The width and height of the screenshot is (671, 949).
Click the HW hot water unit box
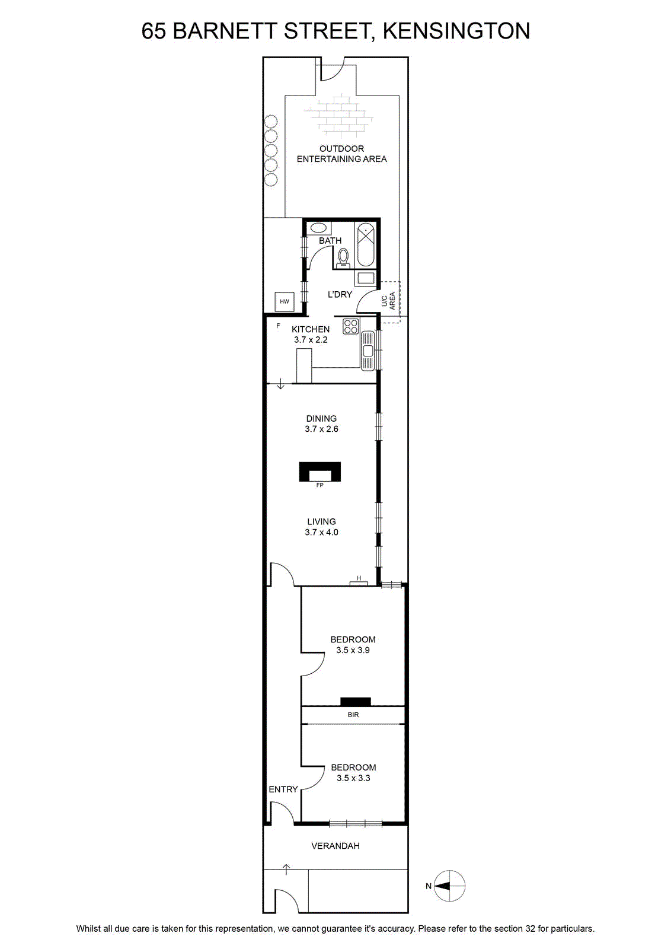pos(284,301)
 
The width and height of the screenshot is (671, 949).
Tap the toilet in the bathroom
pos(343,257)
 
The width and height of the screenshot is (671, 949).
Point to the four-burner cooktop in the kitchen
pos(351,327)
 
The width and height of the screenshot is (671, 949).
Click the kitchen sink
pos(368,350)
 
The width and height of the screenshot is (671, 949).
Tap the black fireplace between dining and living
pos(319,472)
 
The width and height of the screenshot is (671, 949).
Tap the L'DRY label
pos(340,294)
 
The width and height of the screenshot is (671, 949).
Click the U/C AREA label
pos(388,300)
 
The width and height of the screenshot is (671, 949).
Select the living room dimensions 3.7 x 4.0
pos(321,532)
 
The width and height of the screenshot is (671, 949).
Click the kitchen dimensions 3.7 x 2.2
pos(311,339)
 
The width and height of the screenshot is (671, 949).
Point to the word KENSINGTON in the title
pos(456,31)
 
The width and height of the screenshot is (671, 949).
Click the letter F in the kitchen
pos(278,326)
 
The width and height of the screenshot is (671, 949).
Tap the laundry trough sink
pos(366,278)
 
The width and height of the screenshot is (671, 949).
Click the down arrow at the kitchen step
pos(281,385)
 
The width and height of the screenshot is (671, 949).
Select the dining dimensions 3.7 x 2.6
pos(321,429)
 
